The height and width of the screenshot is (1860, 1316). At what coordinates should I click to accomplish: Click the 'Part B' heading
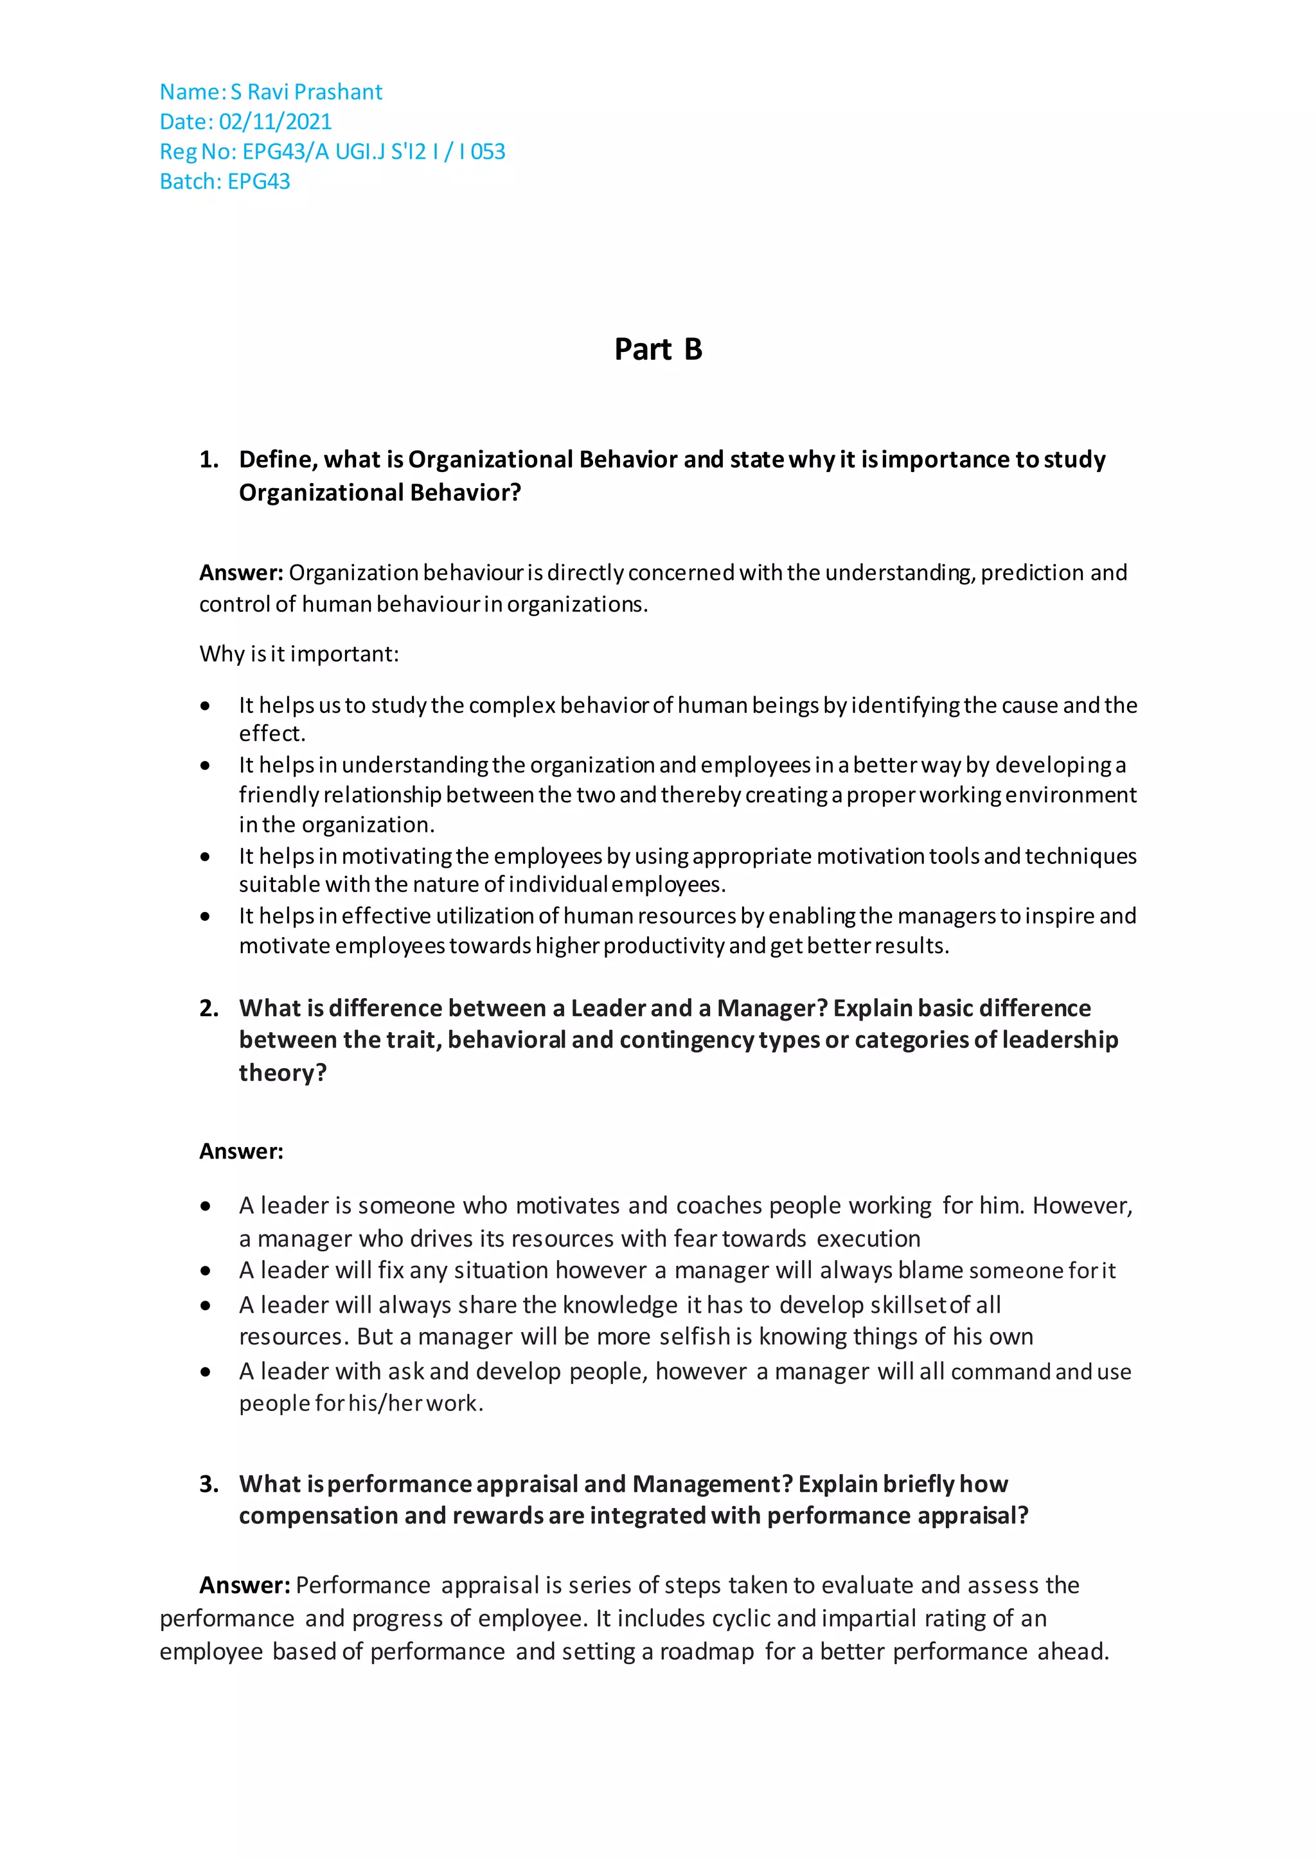pyautogui.click(x=658, y=349)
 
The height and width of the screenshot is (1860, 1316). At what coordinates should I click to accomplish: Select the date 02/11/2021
pyautogui.click(x=275, y=121)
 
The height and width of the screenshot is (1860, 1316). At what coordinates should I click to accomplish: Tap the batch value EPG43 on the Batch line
pyautogui.click(x=258, y=182)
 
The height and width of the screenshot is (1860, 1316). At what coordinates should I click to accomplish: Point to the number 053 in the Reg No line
pyautogui.click(x=488, y=152)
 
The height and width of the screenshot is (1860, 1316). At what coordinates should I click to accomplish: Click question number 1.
pyautogui.click(x=208, y=459)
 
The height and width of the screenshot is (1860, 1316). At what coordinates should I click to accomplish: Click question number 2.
pyautogui.click(x=208, y=1008)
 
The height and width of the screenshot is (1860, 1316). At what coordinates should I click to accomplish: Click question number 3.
pyautogui.click(x=208, y=1483)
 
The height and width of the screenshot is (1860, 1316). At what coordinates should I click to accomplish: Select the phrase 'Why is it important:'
pyautogui.click(x=299, y=654)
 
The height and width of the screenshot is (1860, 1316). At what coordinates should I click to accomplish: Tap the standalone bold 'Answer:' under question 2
pyautogui.click(x=241, y=1151)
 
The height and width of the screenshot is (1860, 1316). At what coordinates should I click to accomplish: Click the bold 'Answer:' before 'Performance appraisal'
pyautogui.click(x=245, y=1584)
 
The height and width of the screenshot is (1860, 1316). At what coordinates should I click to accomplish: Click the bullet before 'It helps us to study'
pyautogui.click(x=206, y=706)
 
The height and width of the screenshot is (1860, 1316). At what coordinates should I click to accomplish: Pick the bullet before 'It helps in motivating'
pyautogui.click(x=206, y=856)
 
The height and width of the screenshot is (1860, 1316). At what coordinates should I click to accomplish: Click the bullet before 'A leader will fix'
pyautogui.click(x=206, y=1271)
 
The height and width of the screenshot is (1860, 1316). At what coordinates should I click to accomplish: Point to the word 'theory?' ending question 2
pyautogui.click(x=282, y=1073)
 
